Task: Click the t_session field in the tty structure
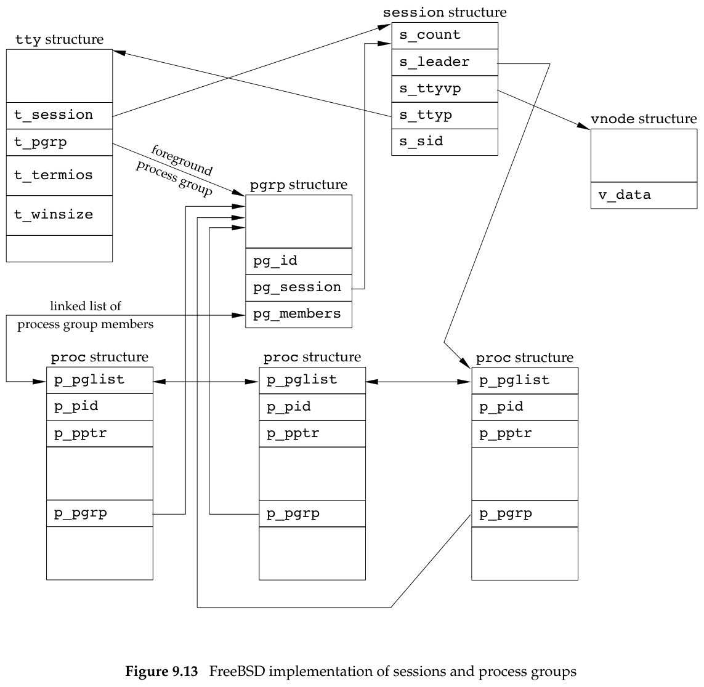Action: tap(59, 115)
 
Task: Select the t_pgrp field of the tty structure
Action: tap(59, 142)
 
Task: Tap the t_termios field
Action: tap(59, 175)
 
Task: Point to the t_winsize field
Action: tap(59, 215)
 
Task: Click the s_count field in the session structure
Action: tap(444, 36)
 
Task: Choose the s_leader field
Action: tap(444, 62)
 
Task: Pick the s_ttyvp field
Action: tap(444, 89)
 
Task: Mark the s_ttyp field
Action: tap(444, 115)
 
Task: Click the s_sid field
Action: tap(444, 142)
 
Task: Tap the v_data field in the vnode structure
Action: tap(644, 196)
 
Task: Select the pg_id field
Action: tap(299, 261)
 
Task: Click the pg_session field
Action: tap(299, 287)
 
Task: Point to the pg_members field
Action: tap(299, 314)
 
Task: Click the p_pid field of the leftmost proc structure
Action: tap(99, 407)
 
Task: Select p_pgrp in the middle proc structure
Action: tap(312, 513)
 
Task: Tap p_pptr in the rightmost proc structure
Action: tap(525, 434)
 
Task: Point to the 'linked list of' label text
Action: tap(86, 307)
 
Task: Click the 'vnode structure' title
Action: tap(644, 119)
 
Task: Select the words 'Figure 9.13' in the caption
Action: tap(161, 671)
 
